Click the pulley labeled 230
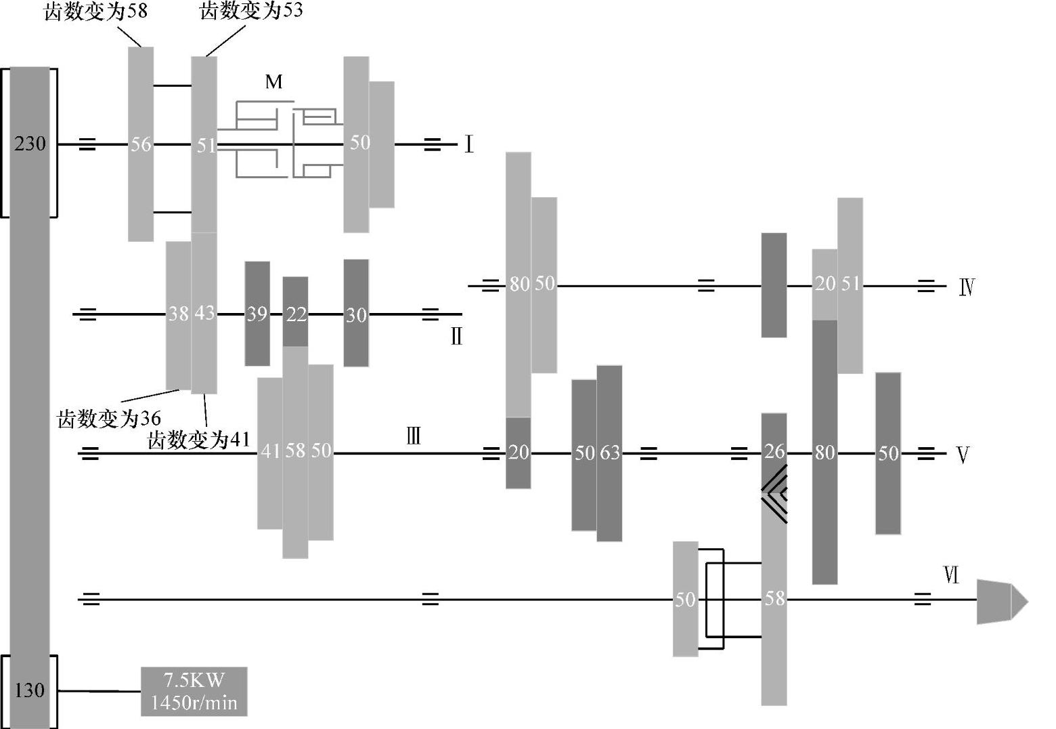click(x=29, y=143)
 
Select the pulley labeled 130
click(x=29, y=690)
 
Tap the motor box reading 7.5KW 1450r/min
click(x=194, y=691)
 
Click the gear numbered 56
click(x=141, y=144)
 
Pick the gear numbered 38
click(x=178, y=314)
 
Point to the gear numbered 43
click(x=204, y=313)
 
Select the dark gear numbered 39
click(x=257, y=314)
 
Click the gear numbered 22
click(x=295, y=313)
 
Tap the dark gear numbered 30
click(x=356, y=314)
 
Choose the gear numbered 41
click(x=269, y=452)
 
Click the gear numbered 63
click(x=609, y=453)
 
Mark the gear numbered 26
click(x=774, y=451)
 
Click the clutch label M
click(x=273, y=82)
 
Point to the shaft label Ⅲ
click(x=414, y=436)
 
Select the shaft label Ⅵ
click(x=951, y=575)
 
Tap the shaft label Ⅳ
click(x=967, y=287)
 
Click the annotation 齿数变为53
click(x=251, y=11)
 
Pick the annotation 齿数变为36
click(x=108, y=418)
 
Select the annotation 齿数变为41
click(x=198, y=440)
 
